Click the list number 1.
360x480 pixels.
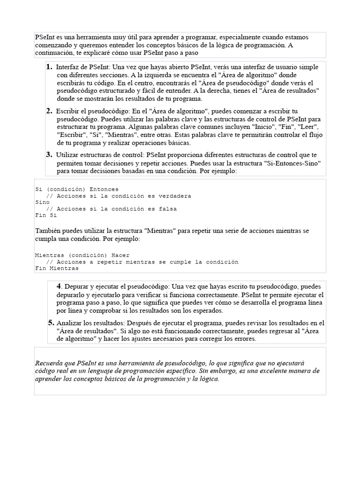[49, 67]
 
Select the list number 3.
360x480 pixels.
[49, 154]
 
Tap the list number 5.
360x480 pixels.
[51, 322]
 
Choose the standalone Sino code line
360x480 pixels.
[42, 202]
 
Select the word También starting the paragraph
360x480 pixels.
[48, 231]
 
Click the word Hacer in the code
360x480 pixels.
[120, 255]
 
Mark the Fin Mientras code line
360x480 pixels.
[57, 269]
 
